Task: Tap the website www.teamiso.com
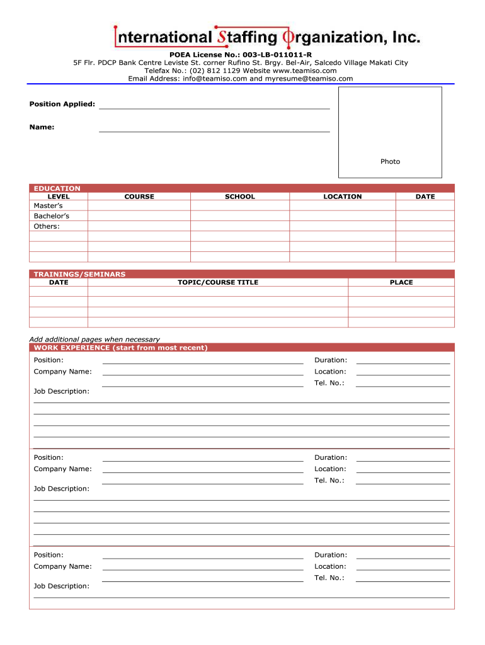(x=305, y=71)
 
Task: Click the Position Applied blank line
(x=214, y=105)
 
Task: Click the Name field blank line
(x=214, y=128)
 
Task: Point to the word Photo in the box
(x=390, y=162)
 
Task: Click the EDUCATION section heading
(x=57, y=188)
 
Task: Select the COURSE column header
(x=139, y=197)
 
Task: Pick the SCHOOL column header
(x=240, y=197)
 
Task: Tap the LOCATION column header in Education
(x=343, y=197)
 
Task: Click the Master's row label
(x=48, y=206)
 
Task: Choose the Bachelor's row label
(x=52, y=216)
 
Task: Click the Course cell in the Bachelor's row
(x=139, y=216)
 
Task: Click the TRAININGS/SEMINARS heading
(x=79, y=274)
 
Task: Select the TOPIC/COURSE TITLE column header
(x=218, y=282)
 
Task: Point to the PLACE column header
(x=401, y=282)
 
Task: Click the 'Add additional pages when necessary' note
(x=94, y=340)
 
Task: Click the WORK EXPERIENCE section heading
(x=120, y=348)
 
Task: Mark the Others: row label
(x=47, y=226)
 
